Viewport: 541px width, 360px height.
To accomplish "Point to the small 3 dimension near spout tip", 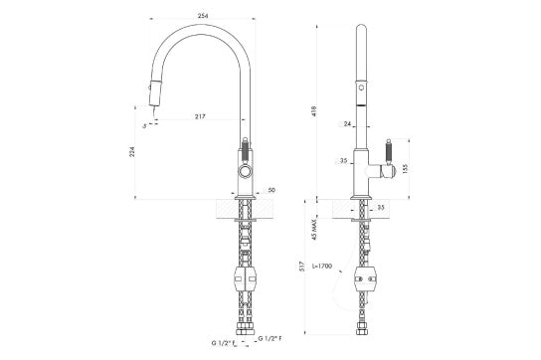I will point(145,125).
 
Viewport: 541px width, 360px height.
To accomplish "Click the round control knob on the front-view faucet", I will point(245,174).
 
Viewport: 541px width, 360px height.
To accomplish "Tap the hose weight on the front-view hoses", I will point(244,279).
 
